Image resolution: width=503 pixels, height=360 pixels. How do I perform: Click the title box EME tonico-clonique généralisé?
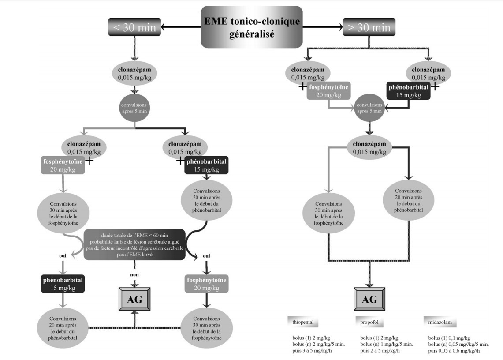pyautogui.click(x=252, y=27)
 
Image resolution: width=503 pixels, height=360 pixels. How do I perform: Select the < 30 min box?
pyautogui.click(x=134, y=27)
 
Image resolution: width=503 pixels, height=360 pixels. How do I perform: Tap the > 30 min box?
pyautogui.click(x=369, y=27)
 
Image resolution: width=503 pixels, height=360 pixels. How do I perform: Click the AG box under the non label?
pyautogui.click(x=134, y=299)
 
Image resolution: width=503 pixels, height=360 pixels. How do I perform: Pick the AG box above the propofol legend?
pyautogui.click(x=369, y=299)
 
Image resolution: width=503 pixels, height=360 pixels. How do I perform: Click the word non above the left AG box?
pyautogui.click(x=134, y=274)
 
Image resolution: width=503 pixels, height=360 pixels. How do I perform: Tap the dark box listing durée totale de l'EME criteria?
pyautogui.click(x=134, y=244)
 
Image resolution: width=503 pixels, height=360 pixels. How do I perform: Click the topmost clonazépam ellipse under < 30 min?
pyautogui.click(x=134, y=73)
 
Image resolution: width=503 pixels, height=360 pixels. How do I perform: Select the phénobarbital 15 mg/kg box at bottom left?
pyautogui.click(x=63, y=284)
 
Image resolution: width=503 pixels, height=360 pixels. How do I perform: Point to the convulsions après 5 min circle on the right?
pyautogui.click(x=369, y=108)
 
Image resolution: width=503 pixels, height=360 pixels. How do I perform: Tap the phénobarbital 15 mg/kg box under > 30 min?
pyautogui.click(x=409, y=90)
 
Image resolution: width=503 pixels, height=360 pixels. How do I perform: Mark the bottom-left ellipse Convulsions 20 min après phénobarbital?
pyautogui.click(x=63, y=328)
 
